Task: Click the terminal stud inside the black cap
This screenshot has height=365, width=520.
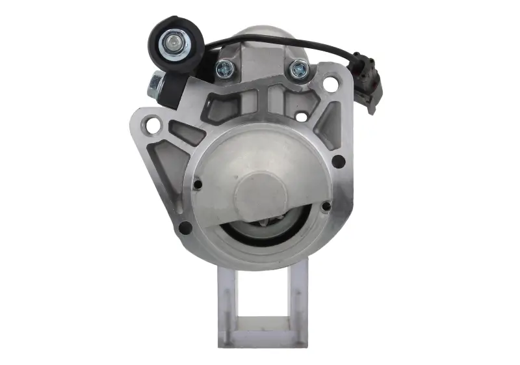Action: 173,44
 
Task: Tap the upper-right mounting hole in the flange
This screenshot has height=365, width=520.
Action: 331,84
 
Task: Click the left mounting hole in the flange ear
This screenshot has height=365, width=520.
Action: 153,124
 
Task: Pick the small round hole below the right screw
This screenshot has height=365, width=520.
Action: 301,117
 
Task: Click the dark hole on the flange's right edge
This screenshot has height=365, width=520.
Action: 339,161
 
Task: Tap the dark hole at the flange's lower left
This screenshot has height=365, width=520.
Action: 185,228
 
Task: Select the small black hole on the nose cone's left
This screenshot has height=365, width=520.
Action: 198,185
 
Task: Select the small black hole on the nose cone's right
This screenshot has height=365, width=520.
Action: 326,207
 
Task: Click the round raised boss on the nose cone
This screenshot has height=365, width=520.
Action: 260,195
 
